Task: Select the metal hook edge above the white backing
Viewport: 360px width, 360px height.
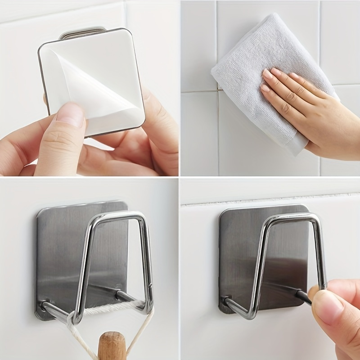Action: pyautogui.click(x=83, y=33)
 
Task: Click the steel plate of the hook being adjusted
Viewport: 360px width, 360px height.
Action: pyautogui.click(x=238, y=252)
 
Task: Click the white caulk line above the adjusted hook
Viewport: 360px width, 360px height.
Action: pyautogui.click(x=270, y=197)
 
